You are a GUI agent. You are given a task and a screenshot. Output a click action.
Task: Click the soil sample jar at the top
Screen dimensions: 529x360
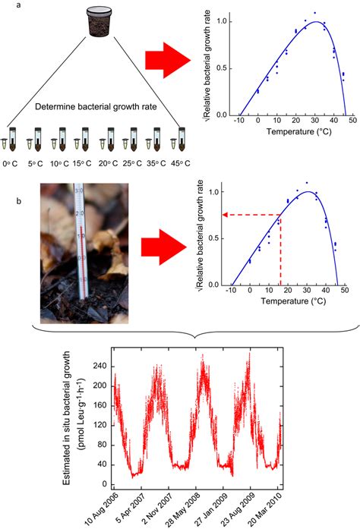click(x=96, y=20)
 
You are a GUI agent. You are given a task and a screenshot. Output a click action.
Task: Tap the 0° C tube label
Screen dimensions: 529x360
click(x=10, y=162)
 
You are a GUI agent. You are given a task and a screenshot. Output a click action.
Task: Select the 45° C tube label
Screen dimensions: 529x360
click(x=181, y=162)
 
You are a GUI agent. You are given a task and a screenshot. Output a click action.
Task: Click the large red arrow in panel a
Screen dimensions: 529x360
click(x=182, y=63)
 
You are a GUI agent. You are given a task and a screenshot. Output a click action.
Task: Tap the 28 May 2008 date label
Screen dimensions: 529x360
click(x=188, y=509)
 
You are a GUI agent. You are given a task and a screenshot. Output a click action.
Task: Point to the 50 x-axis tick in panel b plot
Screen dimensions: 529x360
click(x=345, y=291)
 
